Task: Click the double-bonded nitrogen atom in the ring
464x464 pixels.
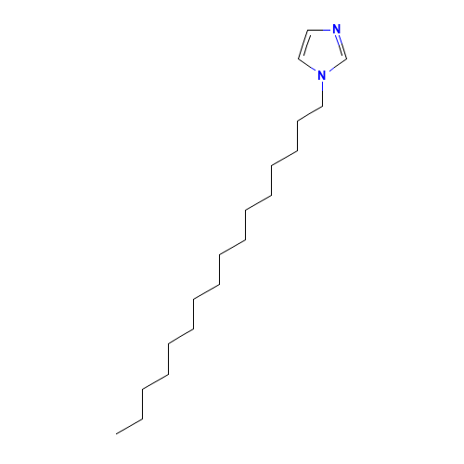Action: (336, 30)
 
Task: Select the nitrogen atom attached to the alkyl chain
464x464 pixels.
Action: (322, 75)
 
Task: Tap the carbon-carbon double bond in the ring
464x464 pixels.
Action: (304, 45)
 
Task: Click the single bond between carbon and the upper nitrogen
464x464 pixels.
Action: (319, 30)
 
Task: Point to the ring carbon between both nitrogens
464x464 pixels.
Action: (346, 58)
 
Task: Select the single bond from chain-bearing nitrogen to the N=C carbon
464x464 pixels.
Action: (337, 65)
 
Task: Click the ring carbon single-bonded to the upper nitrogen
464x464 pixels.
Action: (308, 30)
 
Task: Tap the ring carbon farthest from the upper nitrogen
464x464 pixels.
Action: (299, 58)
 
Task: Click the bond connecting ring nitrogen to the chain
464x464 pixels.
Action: (323, 94)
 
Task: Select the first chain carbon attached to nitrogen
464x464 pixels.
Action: (323, 106)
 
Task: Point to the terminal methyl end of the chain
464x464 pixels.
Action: (116, 433)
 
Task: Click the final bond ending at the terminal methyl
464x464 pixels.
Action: (129, 426)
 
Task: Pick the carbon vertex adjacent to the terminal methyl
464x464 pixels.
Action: (142, 419)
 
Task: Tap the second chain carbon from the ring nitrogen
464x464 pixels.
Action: (297, 121)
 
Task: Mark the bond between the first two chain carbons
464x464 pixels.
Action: (310, 113)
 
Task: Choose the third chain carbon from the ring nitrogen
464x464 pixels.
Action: (297, 150)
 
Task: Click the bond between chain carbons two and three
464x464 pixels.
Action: (297, 135)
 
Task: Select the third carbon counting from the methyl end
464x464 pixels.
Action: (142, 389)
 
